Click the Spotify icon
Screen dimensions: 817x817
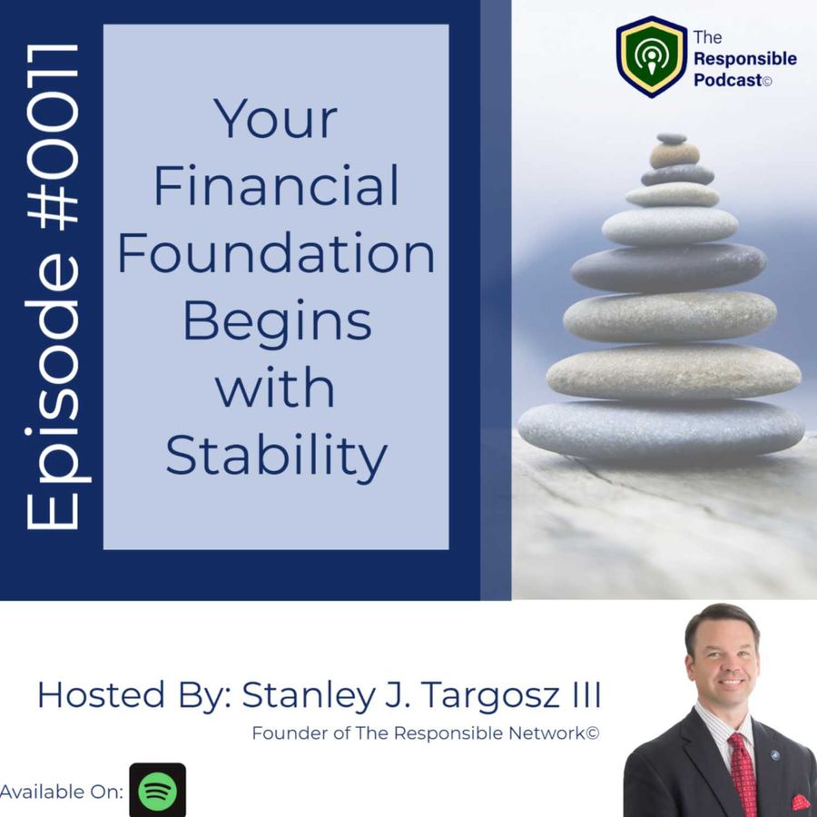pos(157,790)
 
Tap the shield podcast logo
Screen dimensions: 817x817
pos(651,56)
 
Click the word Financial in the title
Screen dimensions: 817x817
pos(276,185)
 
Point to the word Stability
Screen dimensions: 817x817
pos(276,456)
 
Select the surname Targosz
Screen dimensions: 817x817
pos(490,695)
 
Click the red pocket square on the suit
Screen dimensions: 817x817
pos(802,803)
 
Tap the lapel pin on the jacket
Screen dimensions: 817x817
pos(774,755)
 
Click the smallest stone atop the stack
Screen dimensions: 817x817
pos(672,139)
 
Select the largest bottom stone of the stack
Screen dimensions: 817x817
pos(661,429)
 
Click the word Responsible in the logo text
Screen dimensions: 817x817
pos(745,58)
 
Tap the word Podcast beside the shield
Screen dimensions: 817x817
pos(728,80)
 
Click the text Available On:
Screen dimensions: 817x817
pos(62,792)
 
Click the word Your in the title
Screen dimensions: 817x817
pos(275,119)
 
